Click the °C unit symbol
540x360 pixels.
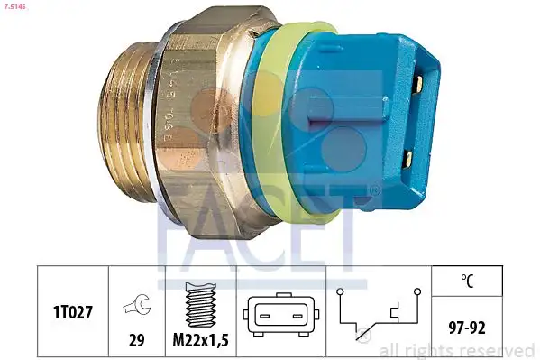(466, 281)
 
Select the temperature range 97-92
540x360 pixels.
(466, 326)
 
